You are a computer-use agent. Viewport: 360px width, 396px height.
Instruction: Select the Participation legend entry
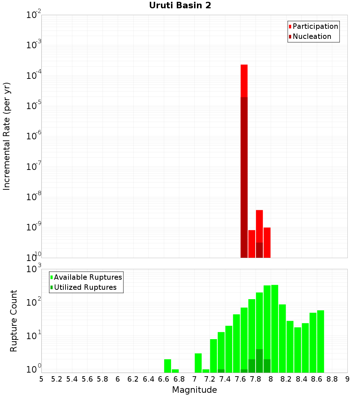315,26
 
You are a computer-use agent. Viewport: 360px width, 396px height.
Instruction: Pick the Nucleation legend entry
311,36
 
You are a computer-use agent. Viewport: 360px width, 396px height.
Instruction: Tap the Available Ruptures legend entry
87,277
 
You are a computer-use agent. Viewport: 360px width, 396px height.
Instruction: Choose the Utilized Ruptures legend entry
85,287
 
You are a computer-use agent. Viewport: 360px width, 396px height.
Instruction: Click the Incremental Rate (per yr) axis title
7,136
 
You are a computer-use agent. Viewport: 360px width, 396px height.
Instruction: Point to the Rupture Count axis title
14,320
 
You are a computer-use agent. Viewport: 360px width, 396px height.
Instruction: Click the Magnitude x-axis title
194,390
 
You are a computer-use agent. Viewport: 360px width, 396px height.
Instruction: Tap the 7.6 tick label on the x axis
240,379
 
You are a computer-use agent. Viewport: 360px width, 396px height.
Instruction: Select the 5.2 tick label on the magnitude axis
57,379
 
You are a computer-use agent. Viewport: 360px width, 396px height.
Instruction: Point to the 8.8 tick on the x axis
332,379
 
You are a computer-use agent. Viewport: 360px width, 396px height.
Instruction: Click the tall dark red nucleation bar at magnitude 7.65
244,176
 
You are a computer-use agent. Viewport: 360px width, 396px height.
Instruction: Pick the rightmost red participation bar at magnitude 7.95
267,242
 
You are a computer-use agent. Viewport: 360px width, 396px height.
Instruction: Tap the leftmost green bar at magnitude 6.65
167,365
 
